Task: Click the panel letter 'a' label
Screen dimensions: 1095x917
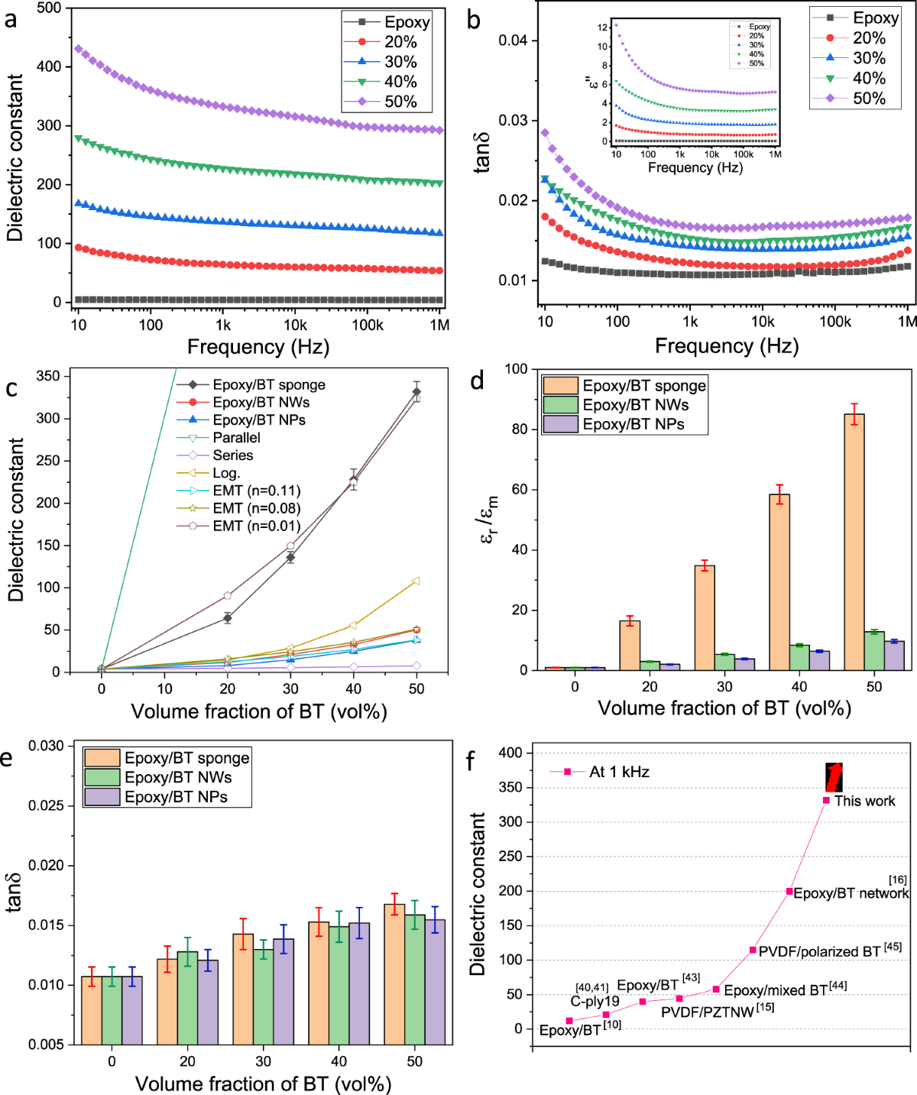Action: (x=10, y=18)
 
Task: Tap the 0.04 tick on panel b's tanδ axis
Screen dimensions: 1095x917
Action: (x=514, y=40)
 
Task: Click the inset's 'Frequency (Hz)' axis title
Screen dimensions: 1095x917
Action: (x=695, y=167)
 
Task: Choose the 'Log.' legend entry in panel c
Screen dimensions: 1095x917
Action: (x=226, y=473)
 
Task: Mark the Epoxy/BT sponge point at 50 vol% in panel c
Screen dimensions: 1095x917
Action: (x=416, y=392)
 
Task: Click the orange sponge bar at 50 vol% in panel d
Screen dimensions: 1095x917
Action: (x=854, y=542)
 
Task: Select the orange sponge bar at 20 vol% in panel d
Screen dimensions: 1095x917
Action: (x=630, y=645)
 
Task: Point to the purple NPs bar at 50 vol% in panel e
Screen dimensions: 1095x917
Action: (x=435, y=981)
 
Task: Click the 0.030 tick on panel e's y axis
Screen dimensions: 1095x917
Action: (x=47, y=746)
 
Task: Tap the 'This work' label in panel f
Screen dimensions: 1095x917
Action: (x=864, y=801)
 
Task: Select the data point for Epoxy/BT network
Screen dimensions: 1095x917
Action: (x=789, y=891)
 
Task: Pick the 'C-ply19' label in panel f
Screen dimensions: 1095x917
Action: (x=595, y=1002)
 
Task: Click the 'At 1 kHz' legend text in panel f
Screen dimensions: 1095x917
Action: (x=619, y=772)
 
